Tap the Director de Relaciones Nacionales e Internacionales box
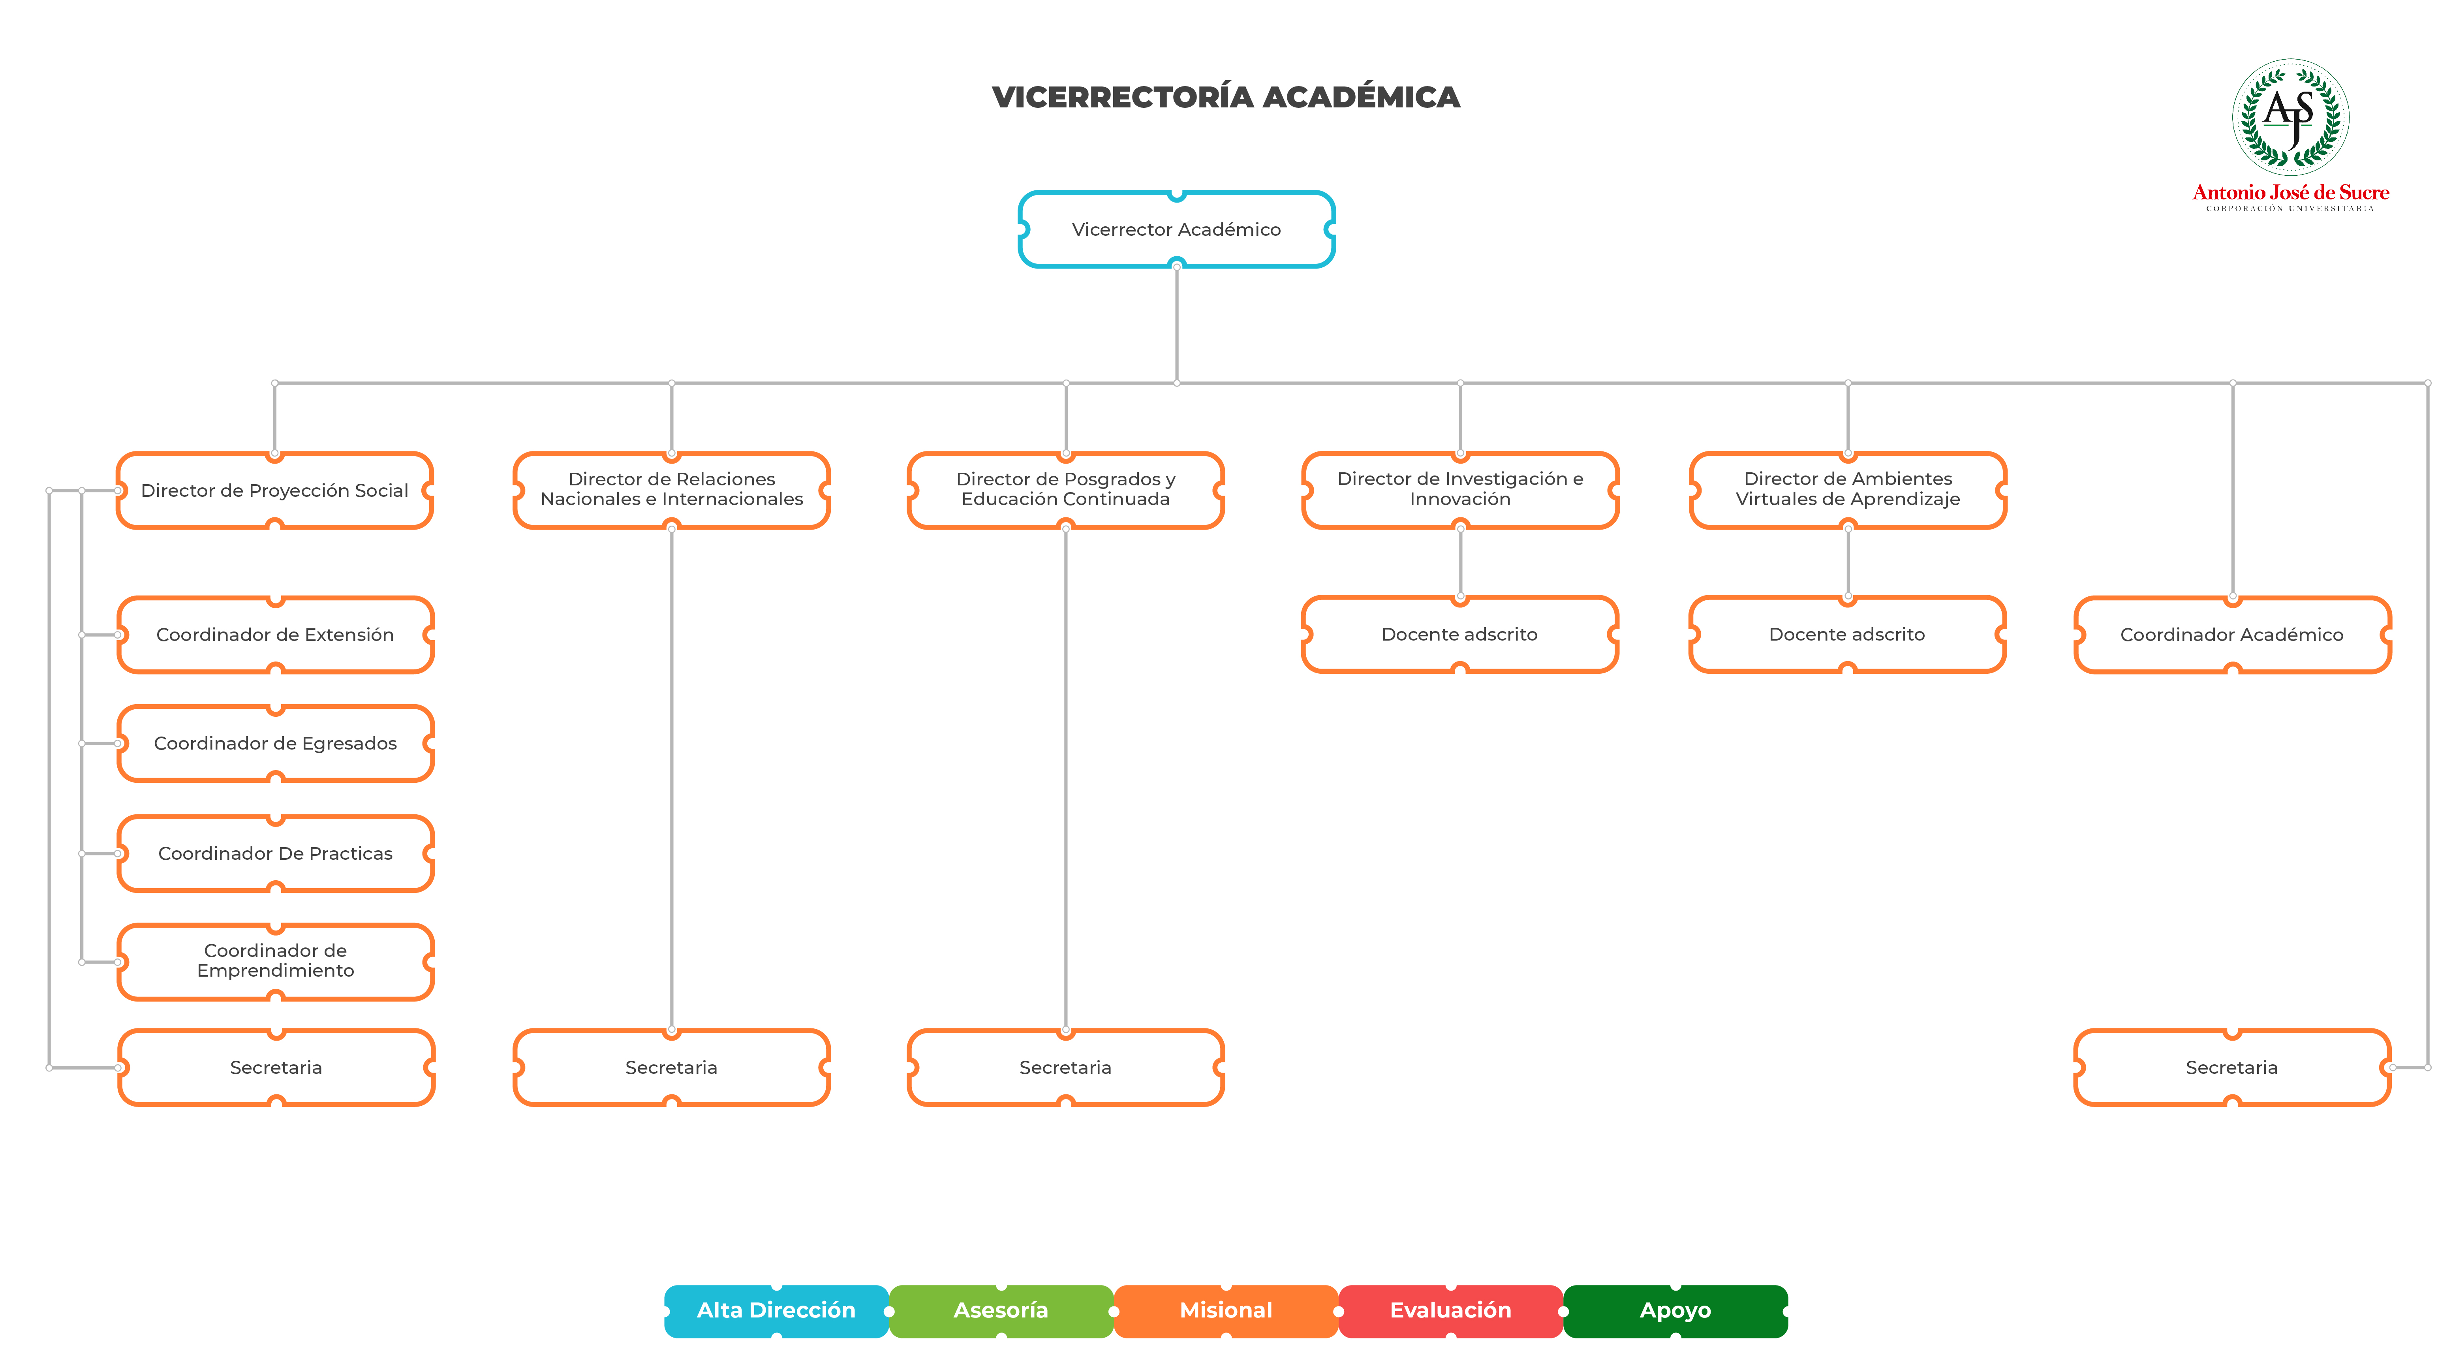click(x=671, y=490)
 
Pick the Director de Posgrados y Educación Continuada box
click(x=1065, y=490)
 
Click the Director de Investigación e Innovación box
click(x=1460, y=490)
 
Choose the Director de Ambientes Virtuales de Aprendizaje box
click(x=1847, y=490)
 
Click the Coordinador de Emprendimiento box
click(x=275, y=962)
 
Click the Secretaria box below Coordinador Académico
click(x=2232, y=1067)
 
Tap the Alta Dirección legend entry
click(x=776, y=1311)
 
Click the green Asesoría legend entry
click(x=1001, y=1311)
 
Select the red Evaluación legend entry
click(x=1450, y=1311)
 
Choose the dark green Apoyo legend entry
click(x=1675, y=1311)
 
